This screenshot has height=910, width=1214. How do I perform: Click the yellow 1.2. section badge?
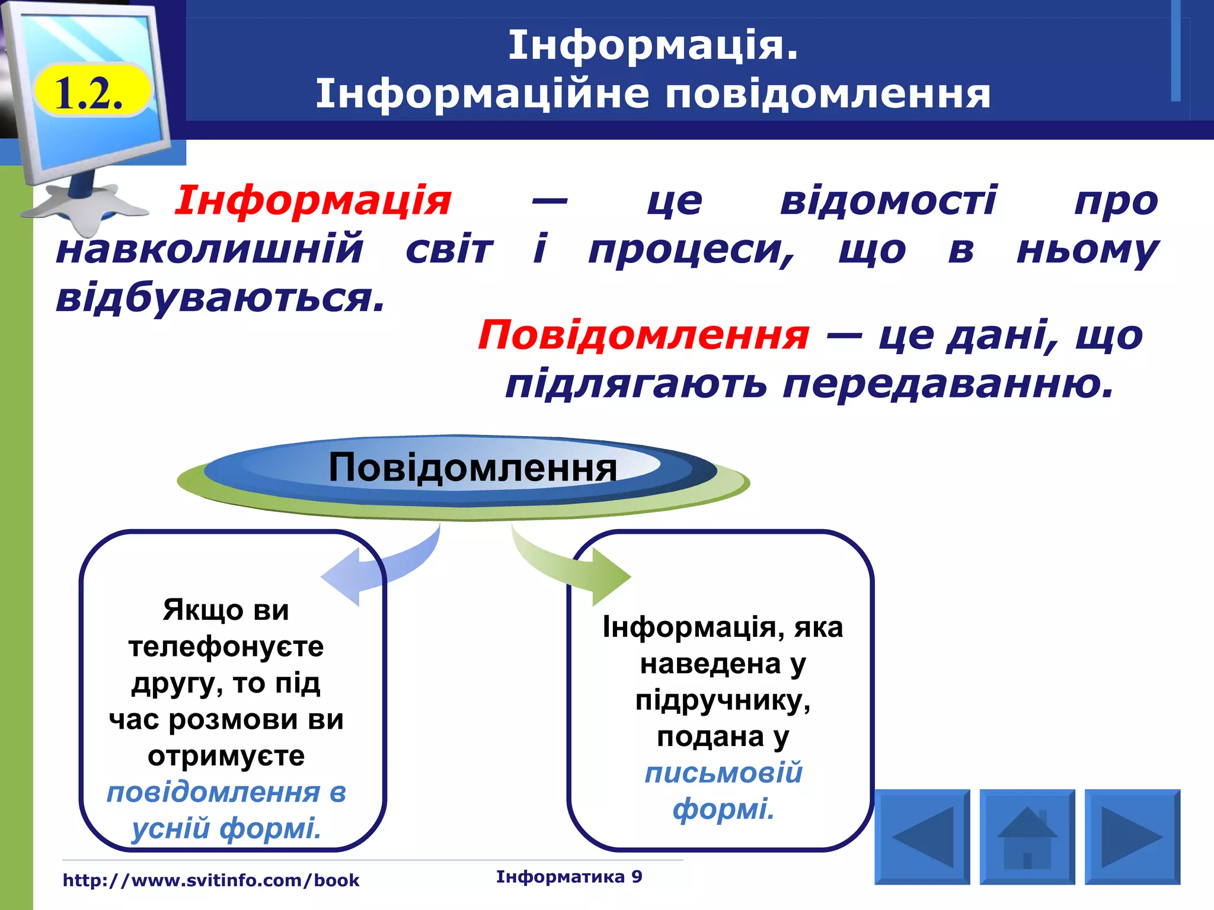[90, 92]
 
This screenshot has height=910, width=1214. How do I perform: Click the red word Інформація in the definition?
[313, 200]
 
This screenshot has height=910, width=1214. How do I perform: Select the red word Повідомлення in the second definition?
[643, 335]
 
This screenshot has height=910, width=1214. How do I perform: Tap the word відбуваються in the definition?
[221, 297]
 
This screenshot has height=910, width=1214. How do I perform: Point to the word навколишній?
[209, 249]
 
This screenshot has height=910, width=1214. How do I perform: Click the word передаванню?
[948, 384]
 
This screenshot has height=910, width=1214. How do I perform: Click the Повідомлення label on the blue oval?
[472, 467]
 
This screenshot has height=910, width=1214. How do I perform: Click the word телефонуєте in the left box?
[226, 646]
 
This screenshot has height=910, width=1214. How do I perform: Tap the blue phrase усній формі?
[226, 828]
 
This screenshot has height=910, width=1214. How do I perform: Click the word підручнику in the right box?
[723, 700]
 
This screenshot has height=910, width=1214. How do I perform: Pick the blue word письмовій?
[723, 773]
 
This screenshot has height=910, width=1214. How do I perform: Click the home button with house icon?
[1027, 837]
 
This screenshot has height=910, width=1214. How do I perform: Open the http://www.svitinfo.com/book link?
[211, 880]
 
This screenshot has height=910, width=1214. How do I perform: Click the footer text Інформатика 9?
[569, 877]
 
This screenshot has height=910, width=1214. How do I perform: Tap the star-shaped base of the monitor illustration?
[89, 207]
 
